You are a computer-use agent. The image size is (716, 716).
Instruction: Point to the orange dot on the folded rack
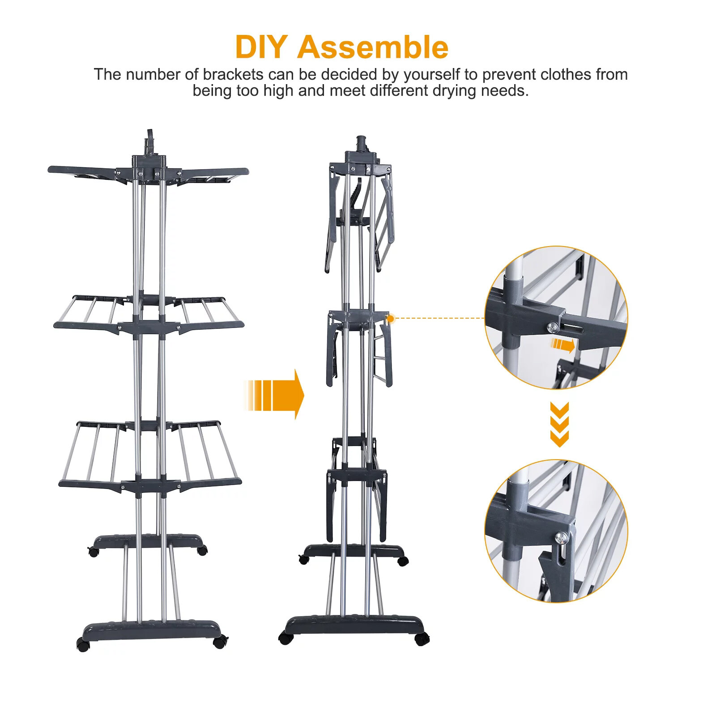[390, 319]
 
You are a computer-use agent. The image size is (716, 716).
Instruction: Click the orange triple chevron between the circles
[559, 424]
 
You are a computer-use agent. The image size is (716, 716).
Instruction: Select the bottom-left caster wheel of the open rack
[83, 644]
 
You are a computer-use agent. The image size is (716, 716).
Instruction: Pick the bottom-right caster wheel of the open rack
[219, 643]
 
